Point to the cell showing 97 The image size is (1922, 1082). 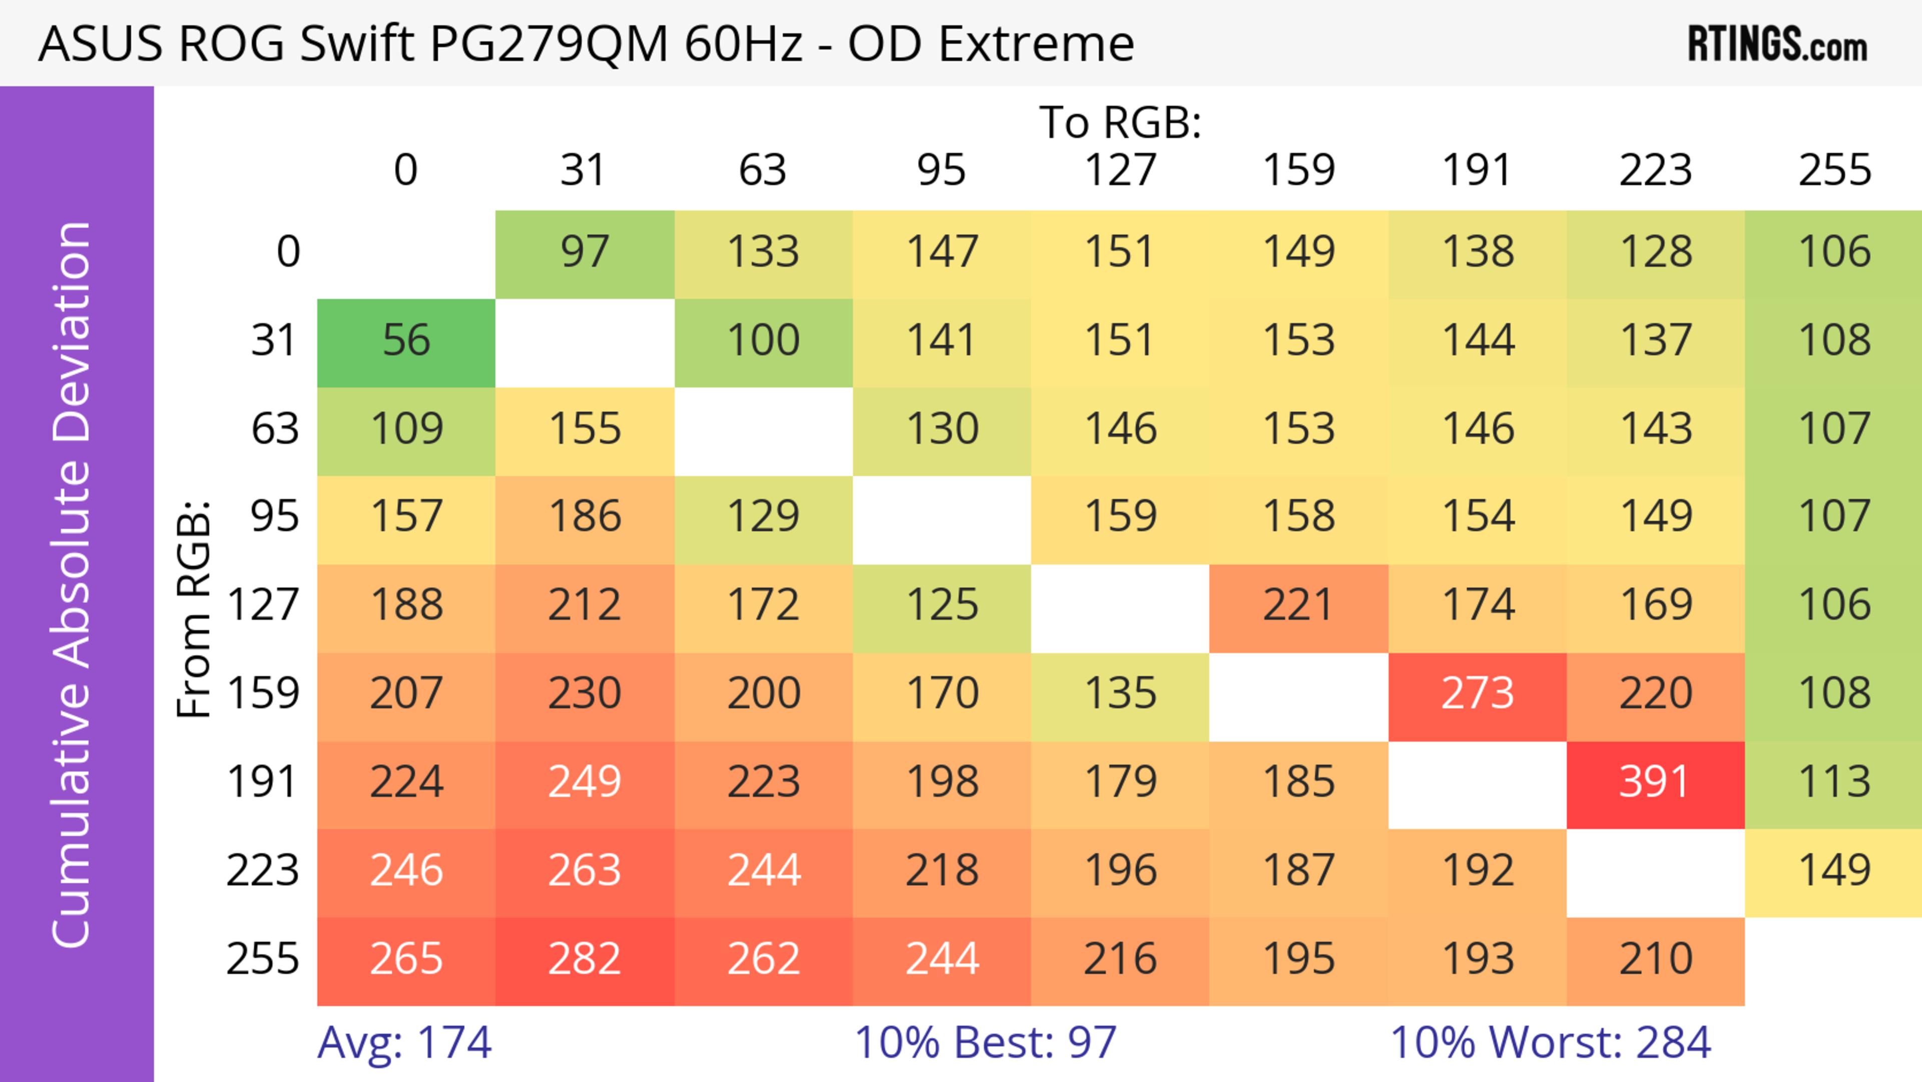(584, 253)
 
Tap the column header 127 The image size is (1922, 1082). (1120, 171)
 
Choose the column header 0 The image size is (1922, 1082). (406, 171)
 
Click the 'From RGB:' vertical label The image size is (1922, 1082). (194, 609)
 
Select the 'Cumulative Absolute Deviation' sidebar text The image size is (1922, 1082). (73, 584)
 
